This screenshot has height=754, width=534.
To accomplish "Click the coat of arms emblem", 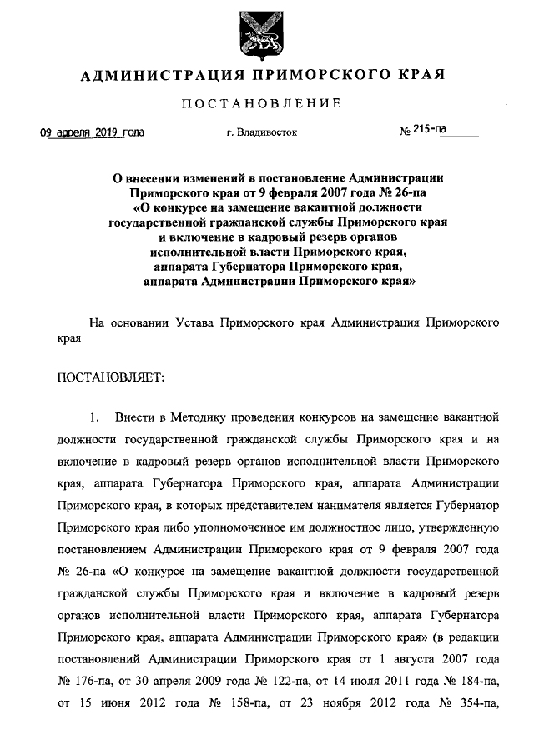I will coord(266,32).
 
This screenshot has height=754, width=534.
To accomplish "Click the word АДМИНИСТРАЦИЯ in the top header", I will coord(156,76).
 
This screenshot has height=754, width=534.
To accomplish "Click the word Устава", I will coord(193,321).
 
